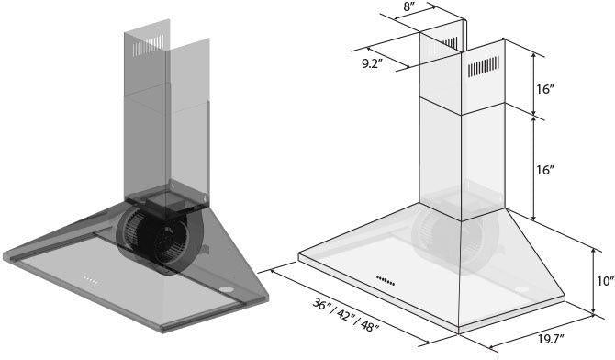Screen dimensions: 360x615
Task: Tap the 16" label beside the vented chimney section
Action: (x=547, y=89)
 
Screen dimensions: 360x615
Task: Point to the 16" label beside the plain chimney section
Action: (x=547, y=170)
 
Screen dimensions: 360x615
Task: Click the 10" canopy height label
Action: (x=603, y=282)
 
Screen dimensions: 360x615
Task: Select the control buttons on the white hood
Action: (x=386, y=280)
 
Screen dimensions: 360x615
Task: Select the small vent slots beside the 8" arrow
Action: (x=451, y=44)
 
